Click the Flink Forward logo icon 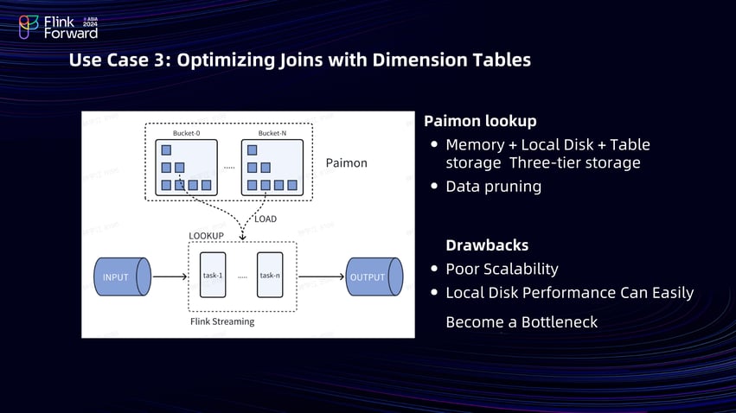[x=29, y=27]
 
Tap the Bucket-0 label [x=185, y=133]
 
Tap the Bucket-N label [x=272, y=133]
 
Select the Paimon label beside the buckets [x=346, y=162]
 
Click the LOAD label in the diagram [x=266, y=219]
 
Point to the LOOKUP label [x=206, y=236]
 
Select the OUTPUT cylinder [x=373, y=277]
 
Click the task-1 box [x=213, y=276]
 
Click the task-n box [x=270, y=276]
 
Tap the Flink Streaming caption [x=222, y=321]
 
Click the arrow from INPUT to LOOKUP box [x=170, y=277]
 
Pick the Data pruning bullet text [x=493, y=186]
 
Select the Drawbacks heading [x=487, y=245]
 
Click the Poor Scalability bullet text [x=502, y=269]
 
